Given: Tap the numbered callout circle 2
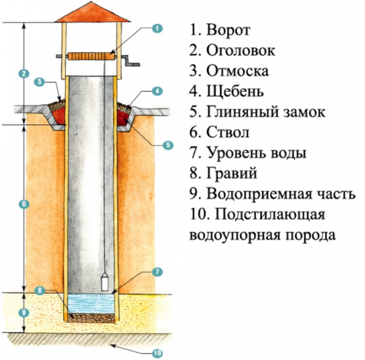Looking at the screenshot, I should (x=23, y=74).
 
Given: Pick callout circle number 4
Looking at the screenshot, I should (x=156, y=91).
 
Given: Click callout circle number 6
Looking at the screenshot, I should (x=23, y=204).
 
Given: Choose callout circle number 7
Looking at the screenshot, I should (x=156, y=272).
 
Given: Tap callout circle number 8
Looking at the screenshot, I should (x=40, y=290).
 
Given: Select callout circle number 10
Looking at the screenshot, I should (x=156, y=353).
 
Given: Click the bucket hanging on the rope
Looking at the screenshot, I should (x=104, y=282).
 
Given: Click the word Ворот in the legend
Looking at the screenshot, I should (x=228, y=30).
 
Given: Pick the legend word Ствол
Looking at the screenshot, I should (x=228, y=133).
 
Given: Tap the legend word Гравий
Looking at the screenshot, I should (x=233, y=173).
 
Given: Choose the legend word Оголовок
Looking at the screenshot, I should (x=241, y=50).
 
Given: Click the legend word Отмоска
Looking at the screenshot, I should (x=238, y=71).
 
